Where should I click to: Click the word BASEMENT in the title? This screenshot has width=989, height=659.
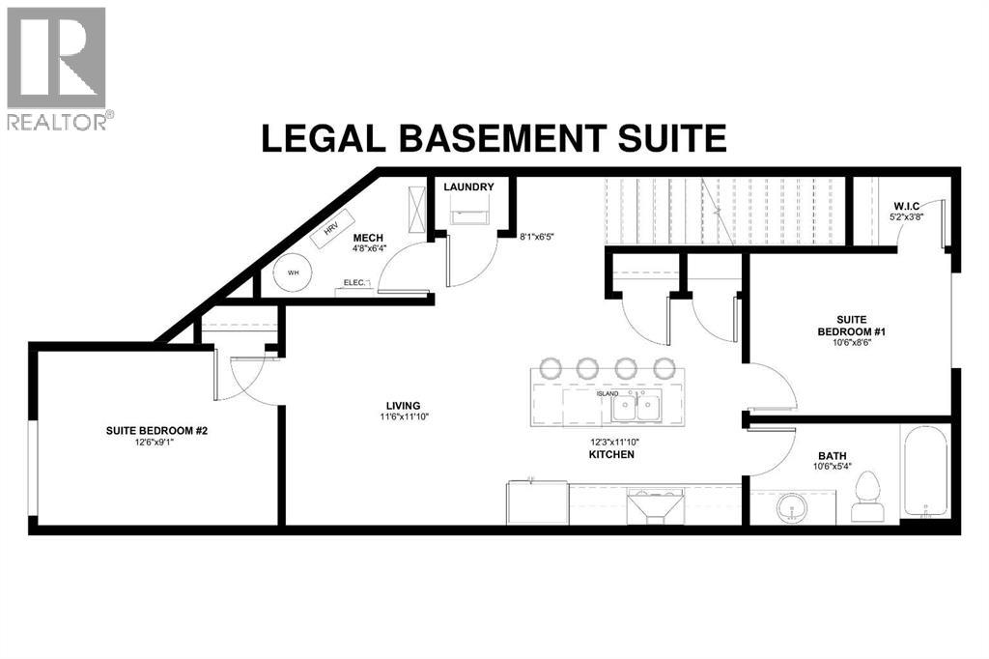(502, 138)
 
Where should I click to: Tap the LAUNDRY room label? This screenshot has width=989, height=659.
(468, 186)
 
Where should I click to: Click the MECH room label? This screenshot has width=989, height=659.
(368, 238)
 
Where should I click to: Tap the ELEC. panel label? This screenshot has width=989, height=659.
(354, 283)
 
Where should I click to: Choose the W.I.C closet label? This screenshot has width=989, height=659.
(906, 206)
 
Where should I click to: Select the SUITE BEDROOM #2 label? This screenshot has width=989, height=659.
(157, 431)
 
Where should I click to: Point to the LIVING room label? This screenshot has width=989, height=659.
(404, 406)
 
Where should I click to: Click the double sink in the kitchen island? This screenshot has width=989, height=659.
(636, 407)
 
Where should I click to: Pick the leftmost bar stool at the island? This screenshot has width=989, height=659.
(550, 367)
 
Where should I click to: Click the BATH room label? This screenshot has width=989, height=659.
(833, 456)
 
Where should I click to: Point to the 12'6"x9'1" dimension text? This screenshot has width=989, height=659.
(149, 443)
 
